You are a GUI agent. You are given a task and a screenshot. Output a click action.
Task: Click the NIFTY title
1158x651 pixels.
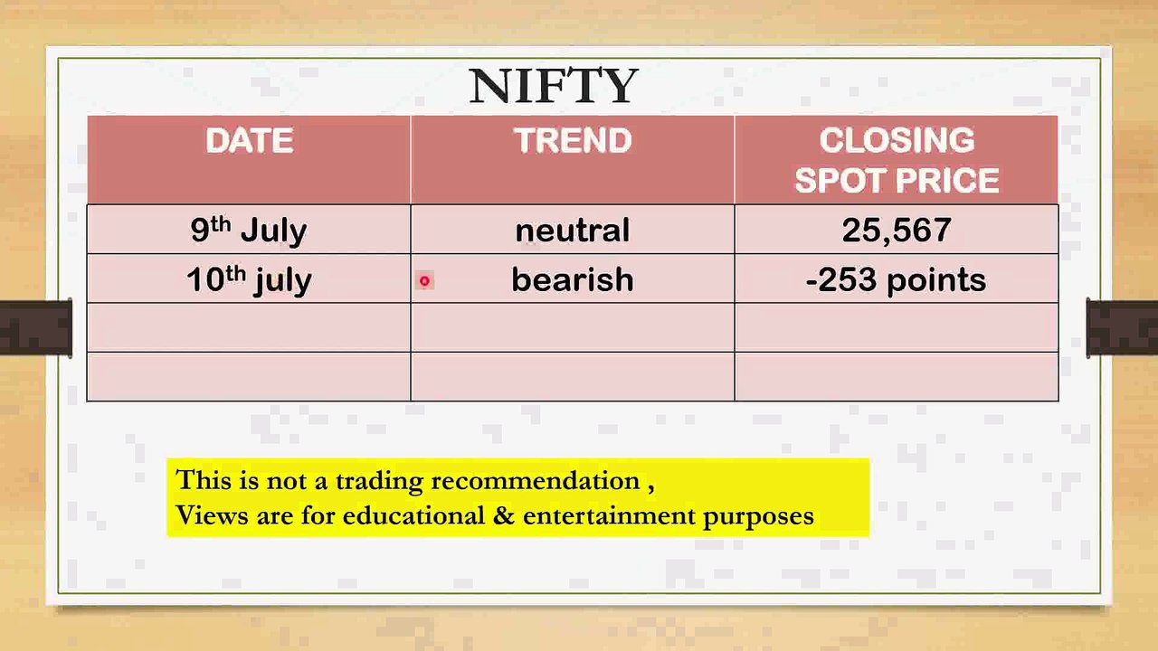pyautogui.click(x=554, y=86)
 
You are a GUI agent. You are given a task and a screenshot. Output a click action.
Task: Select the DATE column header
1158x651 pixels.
pyautogui.click(x=249, y=141)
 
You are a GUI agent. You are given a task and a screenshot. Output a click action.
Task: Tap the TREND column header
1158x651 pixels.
pyautogui.click(x=573, y=141)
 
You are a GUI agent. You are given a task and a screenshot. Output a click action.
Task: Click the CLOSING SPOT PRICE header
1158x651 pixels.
pyautogui.click(x=897, y=160)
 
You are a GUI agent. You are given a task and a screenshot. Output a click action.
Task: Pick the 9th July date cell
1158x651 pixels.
pyautogui.click(x=249, y=230)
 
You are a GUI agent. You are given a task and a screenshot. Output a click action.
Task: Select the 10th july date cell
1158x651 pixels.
pyautogui.click(x=249, y=279)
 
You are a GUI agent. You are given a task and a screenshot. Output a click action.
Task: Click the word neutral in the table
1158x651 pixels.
pyautogui.click(x=573, y=230)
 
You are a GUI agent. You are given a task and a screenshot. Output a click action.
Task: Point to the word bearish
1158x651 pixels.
pyautogui.click(x=573, y=279)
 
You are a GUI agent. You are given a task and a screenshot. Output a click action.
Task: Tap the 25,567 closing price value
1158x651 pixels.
pyautogui.click(x=897, y=230)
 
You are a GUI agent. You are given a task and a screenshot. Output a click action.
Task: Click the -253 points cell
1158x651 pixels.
pyautogui.click(x=897, y=279)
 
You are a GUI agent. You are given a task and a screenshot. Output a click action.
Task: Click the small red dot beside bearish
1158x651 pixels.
pyautogui.click(x=423, y=280)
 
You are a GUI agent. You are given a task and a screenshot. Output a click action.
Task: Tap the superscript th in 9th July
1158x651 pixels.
pyautogui.click(x=221, y=222)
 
